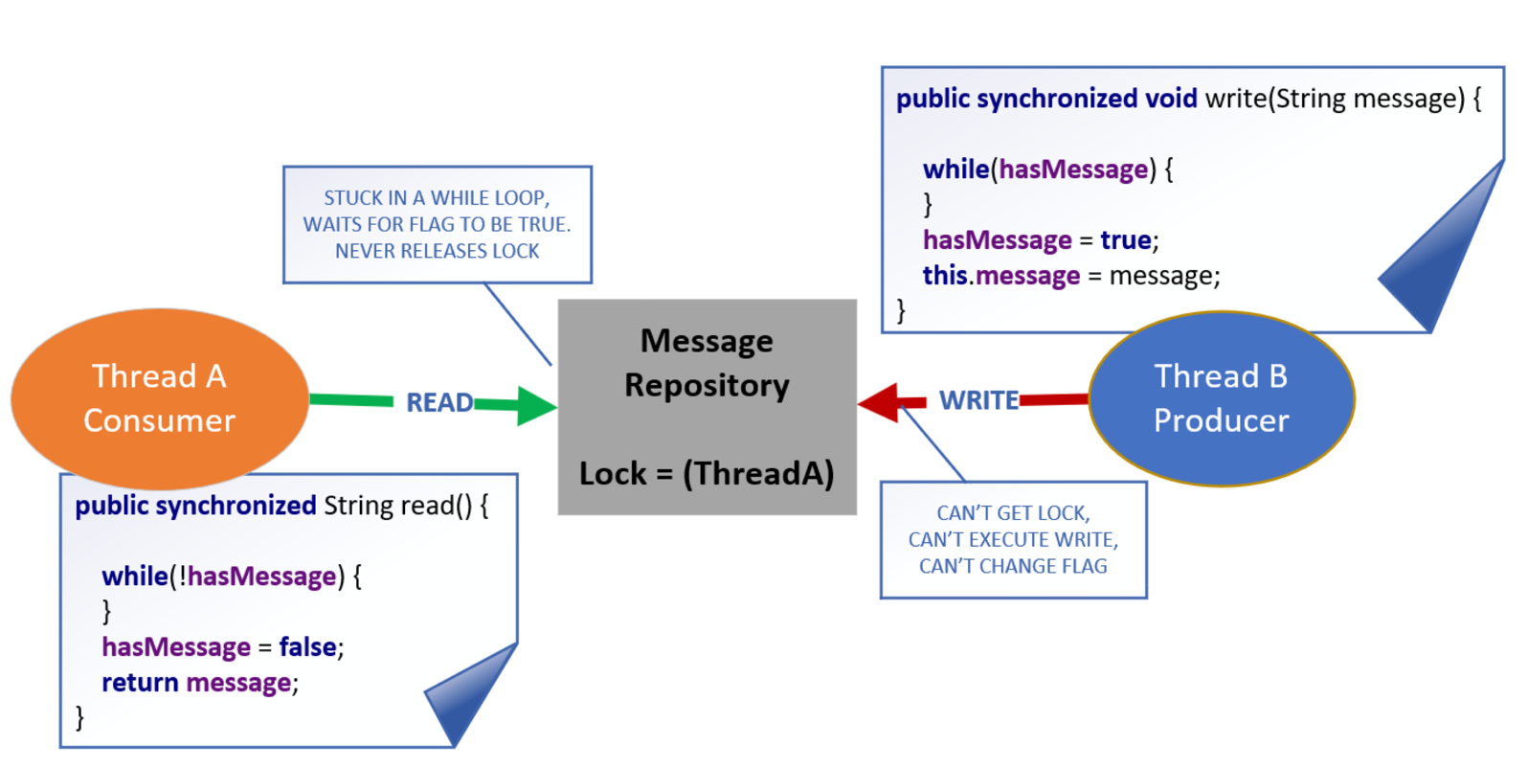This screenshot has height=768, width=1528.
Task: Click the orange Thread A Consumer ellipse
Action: tap(159, 398)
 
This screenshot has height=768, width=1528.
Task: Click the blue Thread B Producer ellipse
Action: tap(1221, 398)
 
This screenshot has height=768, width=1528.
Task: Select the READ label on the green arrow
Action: tap(438, 402)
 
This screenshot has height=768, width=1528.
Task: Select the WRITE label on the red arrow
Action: tap(978, 400)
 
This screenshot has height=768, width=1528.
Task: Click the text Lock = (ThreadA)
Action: tap(707, 473)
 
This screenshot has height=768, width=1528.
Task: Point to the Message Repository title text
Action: tap(707, 363)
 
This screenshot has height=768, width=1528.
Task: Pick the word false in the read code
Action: tap(307, 647)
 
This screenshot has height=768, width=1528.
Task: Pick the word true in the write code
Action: tap(1125, 239)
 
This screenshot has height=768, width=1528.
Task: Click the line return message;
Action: tap(200, 683)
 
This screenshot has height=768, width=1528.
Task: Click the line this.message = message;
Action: tap(1070, 276)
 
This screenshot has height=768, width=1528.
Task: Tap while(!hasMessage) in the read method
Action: tap(231, 576)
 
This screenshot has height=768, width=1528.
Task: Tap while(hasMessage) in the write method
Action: tap(1047, 169)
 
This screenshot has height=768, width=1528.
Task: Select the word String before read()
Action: tap(358, 506)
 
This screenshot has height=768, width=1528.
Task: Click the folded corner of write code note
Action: tap(1446, 259)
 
